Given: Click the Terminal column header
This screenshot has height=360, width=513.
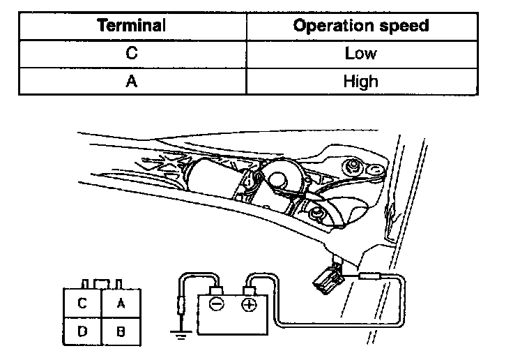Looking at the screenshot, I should click(132, 26).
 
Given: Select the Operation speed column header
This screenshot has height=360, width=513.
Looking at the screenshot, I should click(360, 26).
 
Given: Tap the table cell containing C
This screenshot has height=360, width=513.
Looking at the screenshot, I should click(132, 53).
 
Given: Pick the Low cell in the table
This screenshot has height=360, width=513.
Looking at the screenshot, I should click(360, 53).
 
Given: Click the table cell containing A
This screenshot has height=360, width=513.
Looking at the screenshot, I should click(132, 80).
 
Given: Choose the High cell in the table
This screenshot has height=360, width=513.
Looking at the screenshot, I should click(360, 80).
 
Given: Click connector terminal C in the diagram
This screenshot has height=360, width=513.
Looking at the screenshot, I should click(82, 303).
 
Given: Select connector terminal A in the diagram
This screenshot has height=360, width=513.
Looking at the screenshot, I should click(121, 303).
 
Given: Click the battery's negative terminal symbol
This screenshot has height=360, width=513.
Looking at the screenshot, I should click(217, 305).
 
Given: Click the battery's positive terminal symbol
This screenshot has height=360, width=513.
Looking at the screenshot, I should click(249, 305).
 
